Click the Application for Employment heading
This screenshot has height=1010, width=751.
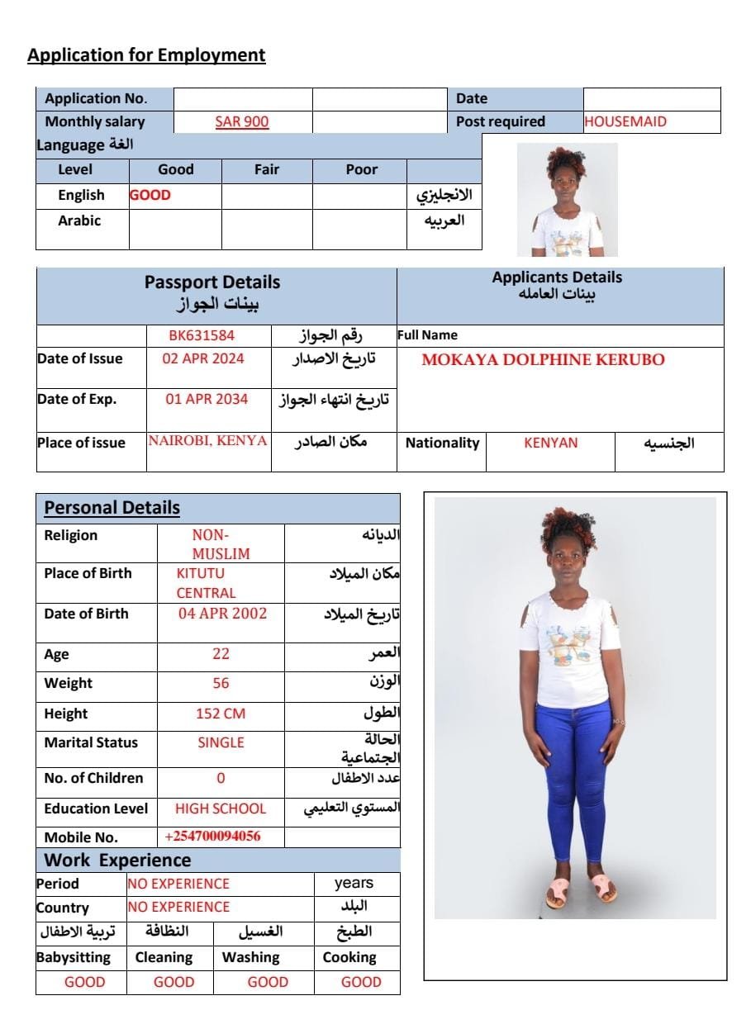146,55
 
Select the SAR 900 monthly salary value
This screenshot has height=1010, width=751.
241,121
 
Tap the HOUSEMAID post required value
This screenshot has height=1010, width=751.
625,121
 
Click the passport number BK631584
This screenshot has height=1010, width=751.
202,335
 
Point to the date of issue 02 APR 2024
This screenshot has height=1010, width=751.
203,358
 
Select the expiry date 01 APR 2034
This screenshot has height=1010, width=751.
207,399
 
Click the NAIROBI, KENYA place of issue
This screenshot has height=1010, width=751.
208,441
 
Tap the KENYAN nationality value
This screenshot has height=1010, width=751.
550,443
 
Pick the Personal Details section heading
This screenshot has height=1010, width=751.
112,508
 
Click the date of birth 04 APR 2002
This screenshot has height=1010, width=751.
222,614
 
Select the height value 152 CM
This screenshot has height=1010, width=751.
221,714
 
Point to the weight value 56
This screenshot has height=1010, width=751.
221,683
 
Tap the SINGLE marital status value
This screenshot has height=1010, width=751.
221,742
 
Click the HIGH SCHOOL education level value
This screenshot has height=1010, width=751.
221,808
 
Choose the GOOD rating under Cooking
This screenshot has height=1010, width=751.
361,982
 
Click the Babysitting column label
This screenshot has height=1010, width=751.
74,957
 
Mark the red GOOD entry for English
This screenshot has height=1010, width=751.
150,196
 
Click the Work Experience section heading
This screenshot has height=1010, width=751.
117,861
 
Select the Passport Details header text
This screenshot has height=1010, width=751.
212,282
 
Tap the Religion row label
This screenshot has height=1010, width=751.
71,535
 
